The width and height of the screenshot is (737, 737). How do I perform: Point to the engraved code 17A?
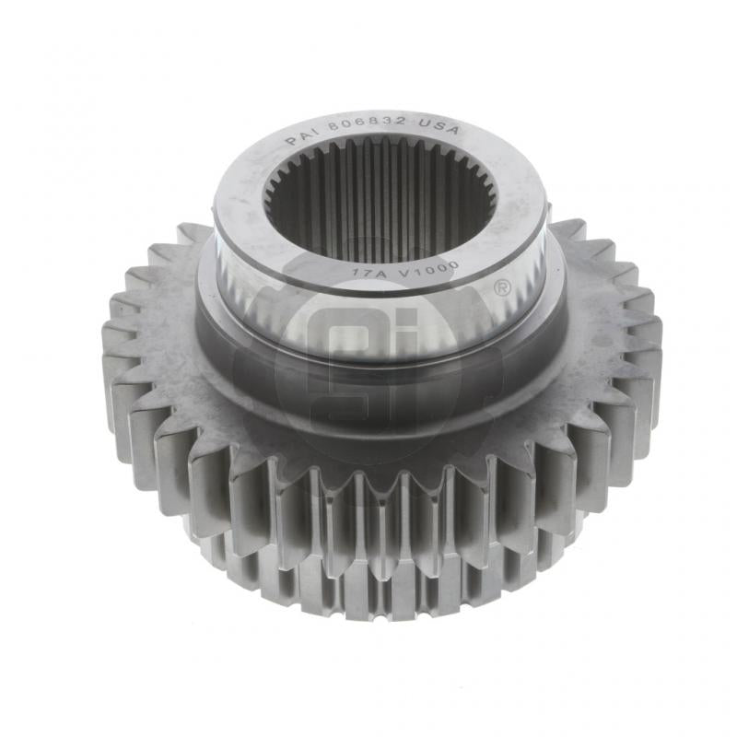[x=363, y=272]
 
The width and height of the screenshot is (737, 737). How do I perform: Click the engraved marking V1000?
[x=414, y=269]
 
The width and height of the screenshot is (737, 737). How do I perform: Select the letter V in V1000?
[x=391, y=272]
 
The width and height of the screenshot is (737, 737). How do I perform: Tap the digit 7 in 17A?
[x=362, y=272]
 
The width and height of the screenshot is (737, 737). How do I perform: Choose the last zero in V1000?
[x=436, y=264]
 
